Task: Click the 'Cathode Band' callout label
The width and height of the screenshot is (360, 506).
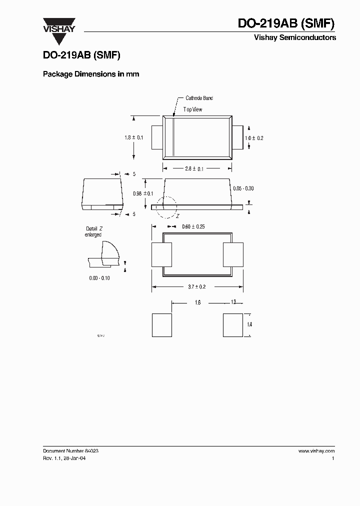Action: click(199, 98)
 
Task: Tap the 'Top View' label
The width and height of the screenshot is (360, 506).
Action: click(192, 109)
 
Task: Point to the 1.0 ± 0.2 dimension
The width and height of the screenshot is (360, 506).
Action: click(253, 137)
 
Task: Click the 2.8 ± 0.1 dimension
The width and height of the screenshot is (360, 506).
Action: click(194, 169)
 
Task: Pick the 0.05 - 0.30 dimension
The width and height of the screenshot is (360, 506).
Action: click(243, 188)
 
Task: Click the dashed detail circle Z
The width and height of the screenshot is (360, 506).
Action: click(166, 206)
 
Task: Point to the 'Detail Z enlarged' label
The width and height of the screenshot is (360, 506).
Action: click(93, 231)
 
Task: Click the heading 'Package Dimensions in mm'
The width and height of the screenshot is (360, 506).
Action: click(91, 74)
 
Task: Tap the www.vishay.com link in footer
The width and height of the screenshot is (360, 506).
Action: click(317, 451)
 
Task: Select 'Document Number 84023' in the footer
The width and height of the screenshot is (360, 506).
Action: click(70, 451)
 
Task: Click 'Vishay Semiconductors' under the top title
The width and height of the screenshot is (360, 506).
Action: click(295, 37)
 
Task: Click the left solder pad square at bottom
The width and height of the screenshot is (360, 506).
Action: click(161, 325)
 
